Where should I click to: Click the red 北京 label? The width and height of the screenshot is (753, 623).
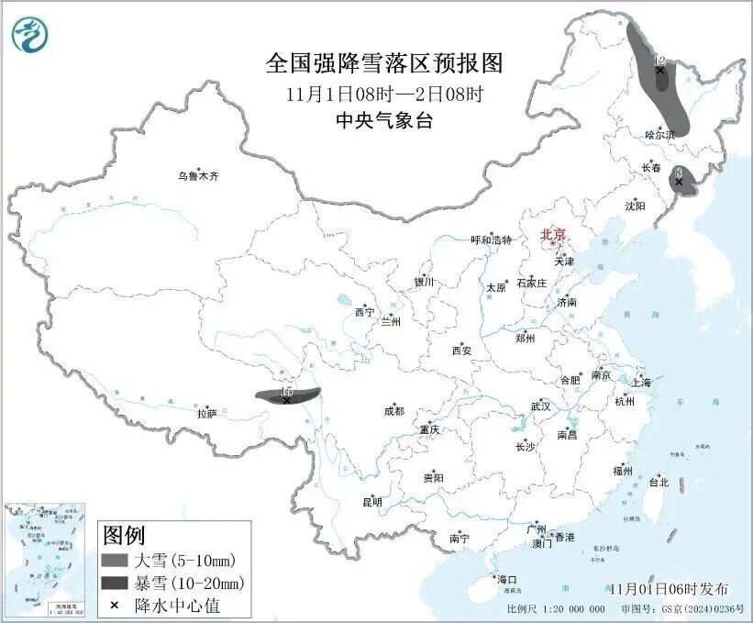point(553,234)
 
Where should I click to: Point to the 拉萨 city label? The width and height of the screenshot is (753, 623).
point(206,414)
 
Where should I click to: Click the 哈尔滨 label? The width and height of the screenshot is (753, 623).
point(659,134)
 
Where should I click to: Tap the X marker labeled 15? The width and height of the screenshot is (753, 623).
point(287,400)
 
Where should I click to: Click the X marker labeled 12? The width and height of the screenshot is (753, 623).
point(659,70)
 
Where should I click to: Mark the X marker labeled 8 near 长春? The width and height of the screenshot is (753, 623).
point(679,182)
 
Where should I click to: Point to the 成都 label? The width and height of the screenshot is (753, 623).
point(394,413)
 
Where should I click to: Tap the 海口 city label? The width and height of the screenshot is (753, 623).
point(507,579)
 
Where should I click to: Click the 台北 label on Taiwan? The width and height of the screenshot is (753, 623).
point(659,482)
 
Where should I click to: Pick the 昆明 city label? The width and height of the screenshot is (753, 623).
point(372,502)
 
